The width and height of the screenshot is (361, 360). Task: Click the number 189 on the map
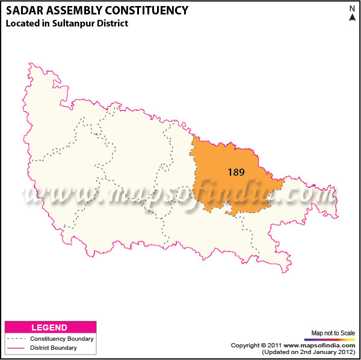tap(236, 172)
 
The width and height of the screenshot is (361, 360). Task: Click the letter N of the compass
tap(352, 8)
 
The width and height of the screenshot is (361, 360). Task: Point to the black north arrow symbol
tap(352, 18)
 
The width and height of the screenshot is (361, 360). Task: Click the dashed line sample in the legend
tap(14, 339)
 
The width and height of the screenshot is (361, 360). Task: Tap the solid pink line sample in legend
tap(14, 348)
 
